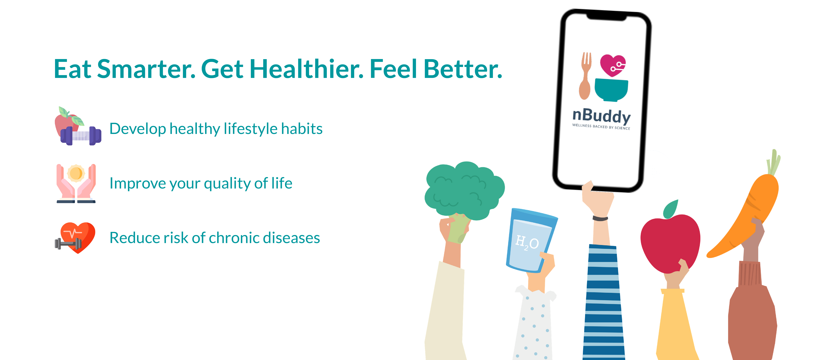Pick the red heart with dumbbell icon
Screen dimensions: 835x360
tap(75, 238)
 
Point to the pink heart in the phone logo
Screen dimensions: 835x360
tap(613, 65)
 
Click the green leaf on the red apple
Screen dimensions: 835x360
tap(670, 209)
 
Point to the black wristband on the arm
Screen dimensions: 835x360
tap(600, 218)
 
